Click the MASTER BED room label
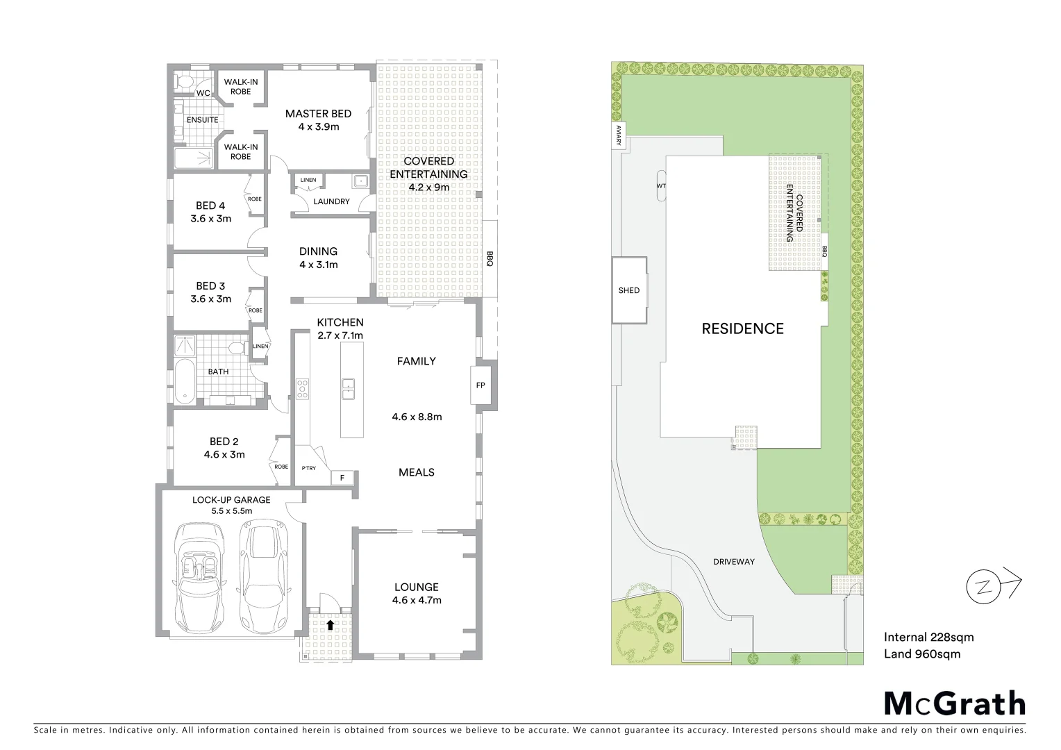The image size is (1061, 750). pos(318,114)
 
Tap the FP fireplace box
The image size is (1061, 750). pos(481,385)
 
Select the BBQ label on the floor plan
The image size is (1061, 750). pos(490,259)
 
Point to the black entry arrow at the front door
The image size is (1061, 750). pos(331,624)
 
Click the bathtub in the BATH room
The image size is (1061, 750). pos(184,381)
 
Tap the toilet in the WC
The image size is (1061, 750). pos(184,82)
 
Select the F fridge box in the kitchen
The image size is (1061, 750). pos(342,478)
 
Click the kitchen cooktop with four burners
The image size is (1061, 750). pos(303,388)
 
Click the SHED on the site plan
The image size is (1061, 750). pos(629,290)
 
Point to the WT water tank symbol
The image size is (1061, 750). pos(660,186)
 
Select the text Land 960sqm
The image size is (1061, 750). pos(921,653)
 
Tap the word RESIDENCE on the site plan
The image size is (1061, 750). pos(742,328)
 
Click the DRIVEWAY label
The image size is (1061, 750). pos(733,561)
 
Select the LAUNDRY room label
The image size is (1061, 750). pos(331,201)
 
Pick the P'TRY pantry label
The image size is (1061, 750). pos(308,468)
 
